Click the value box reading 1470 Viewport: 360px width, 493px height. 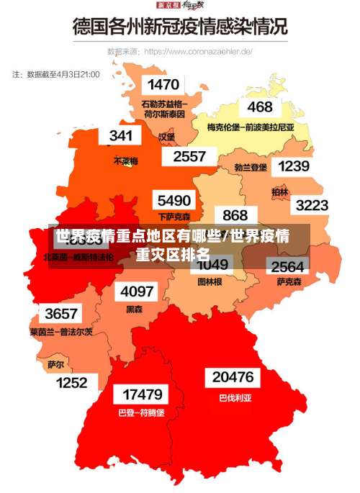163,85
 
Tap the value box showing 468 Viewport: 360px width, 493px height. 259,107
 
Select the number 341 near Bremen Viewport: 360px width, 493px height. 120,135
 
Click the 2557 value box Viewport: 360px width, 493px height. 189,155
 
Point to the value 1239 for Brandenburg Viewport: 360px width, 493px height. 293,166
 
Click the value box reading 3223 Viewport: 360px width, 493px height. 312,205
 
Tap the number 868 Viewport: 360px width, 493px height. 235,215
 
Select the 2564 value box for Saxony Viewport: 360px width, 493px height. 287,266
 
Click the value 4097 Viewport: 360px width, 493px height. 137,291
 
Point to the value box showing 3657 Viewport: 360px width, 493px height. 60,314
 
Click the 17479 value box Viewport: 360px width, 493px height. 142,395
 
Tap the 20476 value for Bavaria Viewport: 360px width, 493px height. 233,377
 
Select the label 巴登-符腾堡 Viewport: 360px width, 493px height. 141,413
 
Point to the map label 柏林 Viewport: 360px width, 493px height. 279,192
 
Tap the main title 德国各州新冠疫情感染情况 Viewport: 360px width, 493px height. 180,28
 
